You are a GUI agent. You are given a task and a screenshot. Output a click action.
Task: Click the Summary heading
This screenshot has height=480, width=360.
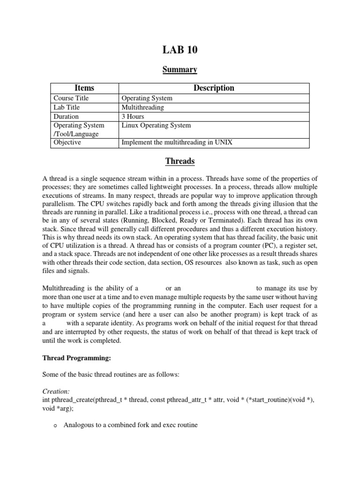tap(180, 70)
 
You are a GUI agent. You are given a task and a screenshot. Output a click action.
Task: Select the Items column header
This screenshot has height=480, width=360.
tap(84, 88)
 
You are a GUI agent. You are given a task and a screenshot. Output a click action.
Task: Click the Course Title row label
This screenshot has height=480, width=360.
tap(71, 98)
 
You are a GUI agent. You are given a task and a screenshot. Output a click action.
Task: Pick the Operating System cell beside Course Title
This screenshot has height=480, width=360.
tap(147, 98)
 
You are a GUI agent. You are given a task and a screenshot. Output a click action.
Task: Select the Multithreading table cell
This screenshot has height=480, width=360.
tap(142, 107)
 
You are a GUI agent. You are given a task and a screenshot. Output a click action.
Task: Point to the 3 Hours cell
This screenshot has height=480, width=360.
tap(133, 116)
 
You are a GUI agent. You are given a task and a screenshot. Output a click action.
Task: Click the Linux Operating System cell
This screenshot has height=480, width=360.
tap(156, 125)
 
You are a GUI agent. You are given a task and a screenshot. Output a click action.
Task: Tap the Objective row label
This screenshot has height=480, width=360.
tap(67, 142)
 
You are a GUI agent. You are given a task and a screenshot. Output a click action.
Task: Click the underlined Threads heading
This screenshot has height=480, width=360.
tap(180, 161)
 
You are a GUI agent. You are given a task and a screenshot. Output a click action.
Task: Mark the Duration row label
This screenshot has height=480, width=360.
tap(66, 116)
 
